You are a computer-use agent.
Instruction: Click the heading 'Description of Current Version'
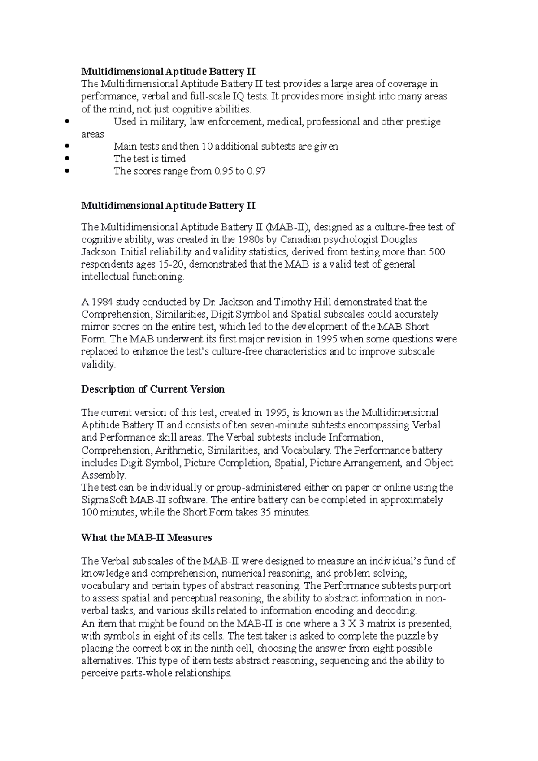click(x=152, y=389)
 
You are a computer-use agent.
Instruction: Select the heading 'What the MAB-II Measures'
click(x=146, y=537)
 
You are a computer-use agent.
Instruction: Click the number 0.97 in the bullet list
click(x=256, y=171)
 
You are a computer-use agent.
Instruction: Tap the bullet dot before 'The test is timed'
click(x=67, y=159)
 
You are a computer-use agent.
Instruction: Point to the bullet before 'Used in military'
click(x=67, y=121)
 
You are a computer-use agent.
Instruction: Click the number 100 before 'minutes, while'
click(x=89, y=512)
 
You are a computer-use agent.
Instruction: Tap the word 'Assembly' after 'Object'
click(x=103, y=475)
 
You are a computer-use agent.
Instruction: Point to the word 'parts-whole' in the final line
click(x=147, y=673)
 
